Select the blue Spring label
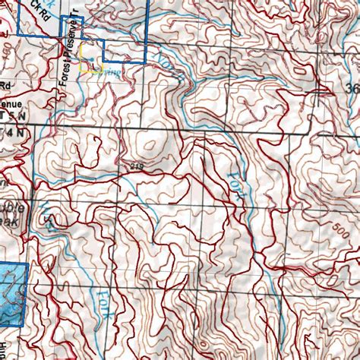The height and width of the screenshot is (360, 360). coord(111,71)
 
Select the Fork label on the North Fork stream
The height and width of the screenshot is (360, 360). coord(234,182)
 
